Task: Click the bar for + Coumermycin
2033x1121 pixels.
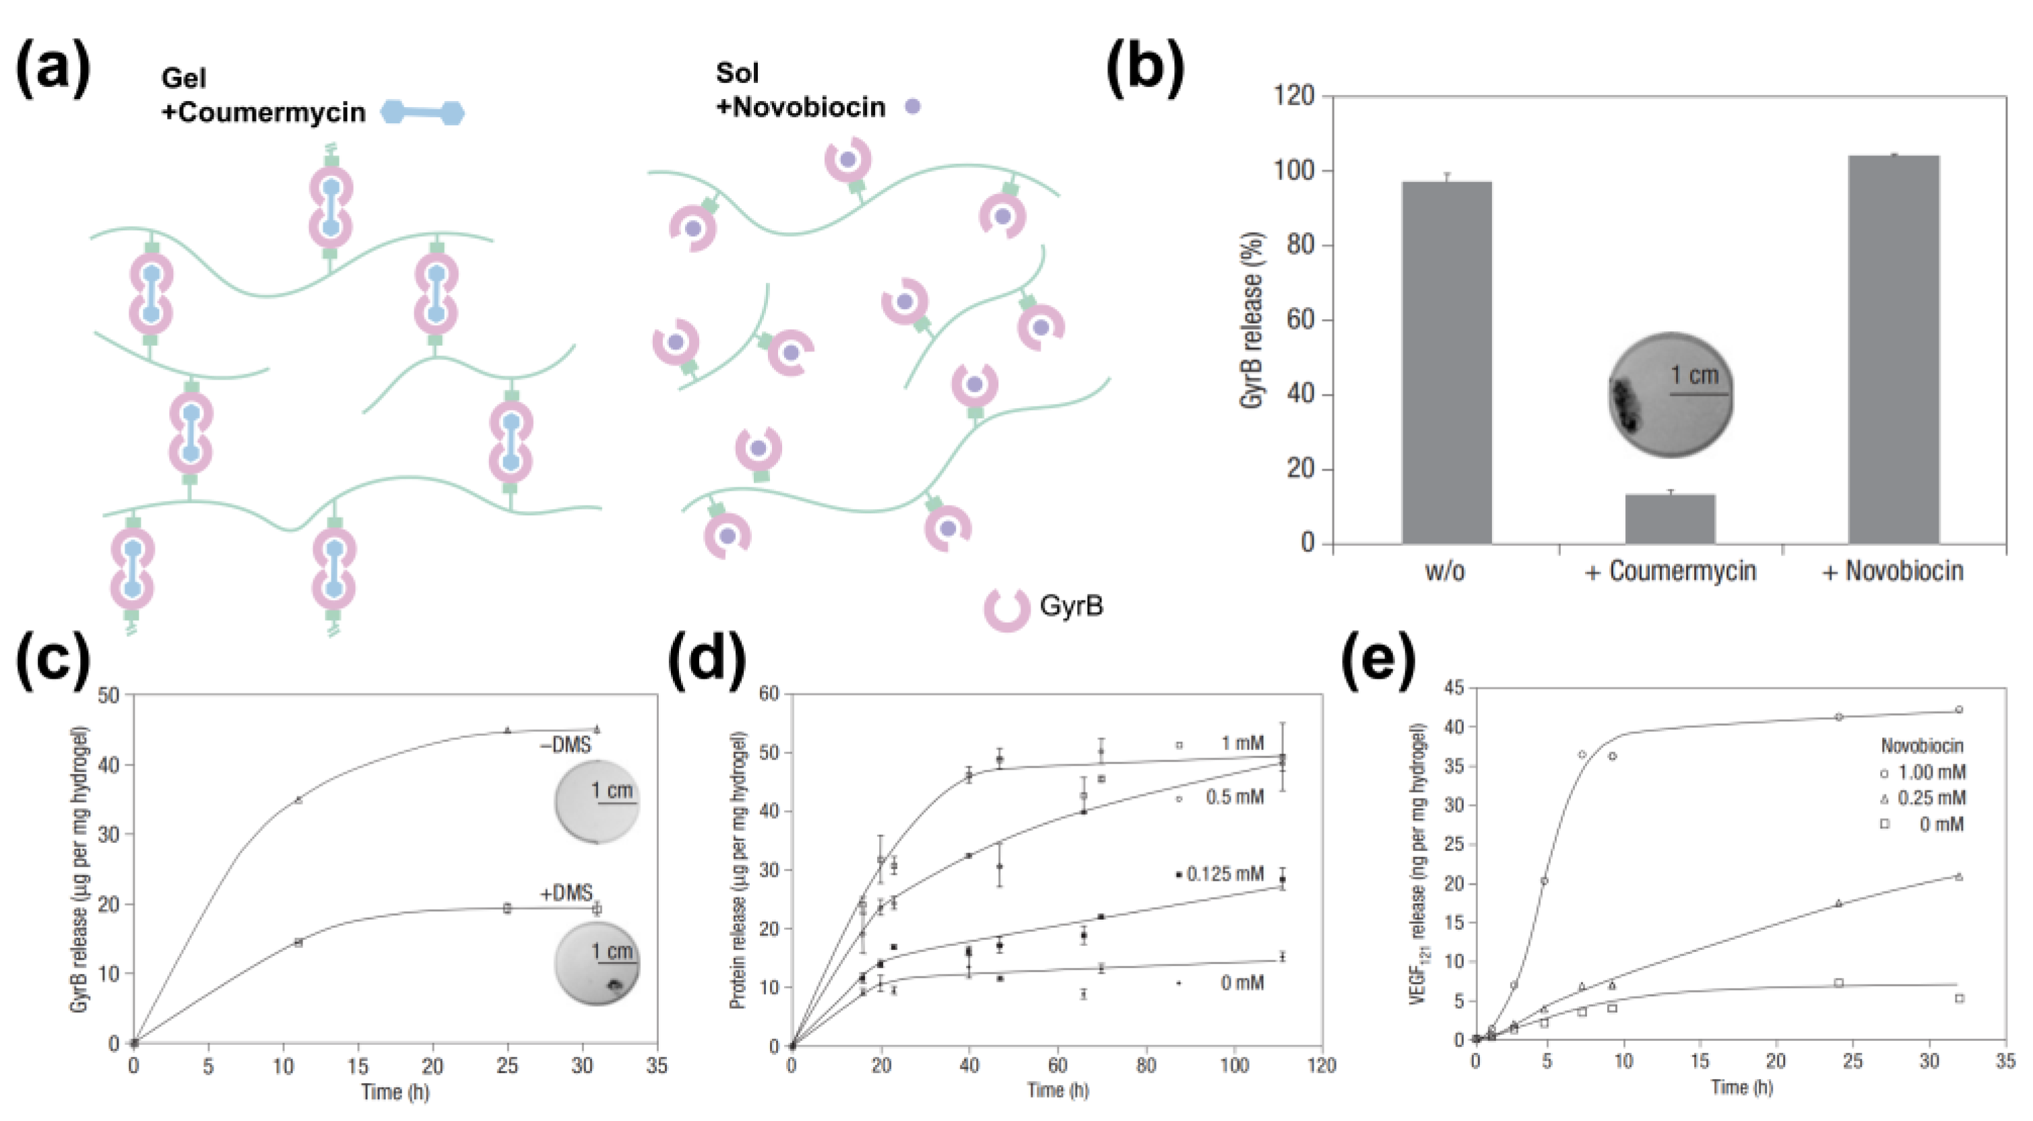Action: click(1669, 518)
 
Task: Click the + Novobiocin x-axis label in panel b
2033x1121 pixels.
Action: click(1892, 570)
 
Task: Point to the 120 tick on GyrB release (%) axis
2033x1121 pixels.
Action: click(1293, 96)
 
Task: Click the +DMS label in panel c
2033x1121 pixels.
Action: click(566, 893)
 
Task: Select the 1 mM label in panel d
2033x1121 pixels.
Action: click(1242, 743)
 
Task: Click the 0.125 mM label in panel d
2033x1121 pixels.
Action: click(1225, 874)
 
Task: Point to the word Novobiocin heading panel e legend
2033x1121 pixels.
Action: click(1921, 745)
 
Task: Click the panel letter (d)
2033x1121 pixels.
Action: click(707, 658)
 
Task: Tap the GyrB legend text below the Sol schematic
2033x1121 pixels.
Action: click(1071, 606)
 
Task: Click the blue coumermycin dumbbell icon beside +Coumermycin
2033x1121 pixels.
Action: click(422, 113)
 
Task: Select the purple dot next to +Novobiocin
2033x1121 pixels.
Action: click(912, 106)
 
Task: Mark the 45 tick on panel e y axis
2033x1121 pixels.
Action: click(1453, 688)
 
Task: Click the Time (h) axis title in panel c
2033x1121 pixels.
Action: click(395, 1092)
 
